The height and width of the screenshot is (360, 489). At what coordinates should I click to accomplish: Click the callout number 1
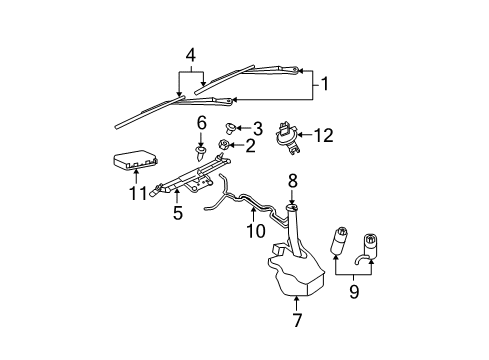pos(323,85)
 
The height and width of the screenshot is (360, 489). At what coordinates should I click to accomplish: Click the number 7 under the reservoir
pos(296,321)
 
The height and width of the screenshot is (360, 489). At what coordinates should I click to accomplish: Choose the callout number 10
pos(256,230)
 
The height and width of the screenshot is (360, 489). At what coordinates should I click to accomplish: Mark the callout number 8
pos(293,180)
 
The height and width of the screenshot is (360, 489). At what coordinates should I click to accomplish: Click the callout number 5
pos(177,213)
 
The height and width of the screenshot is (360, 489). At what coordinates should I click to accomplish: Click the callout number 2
pos(250,146)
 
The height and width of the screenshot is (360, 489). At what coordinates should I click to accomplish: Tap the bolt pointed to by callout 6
pos(202,153)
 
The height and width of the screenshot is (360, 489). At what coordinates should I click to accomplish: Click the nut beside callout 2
pos(225,147)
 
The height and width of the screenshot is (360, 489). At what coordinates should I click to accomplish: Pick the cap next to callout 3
pos(232,127)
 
